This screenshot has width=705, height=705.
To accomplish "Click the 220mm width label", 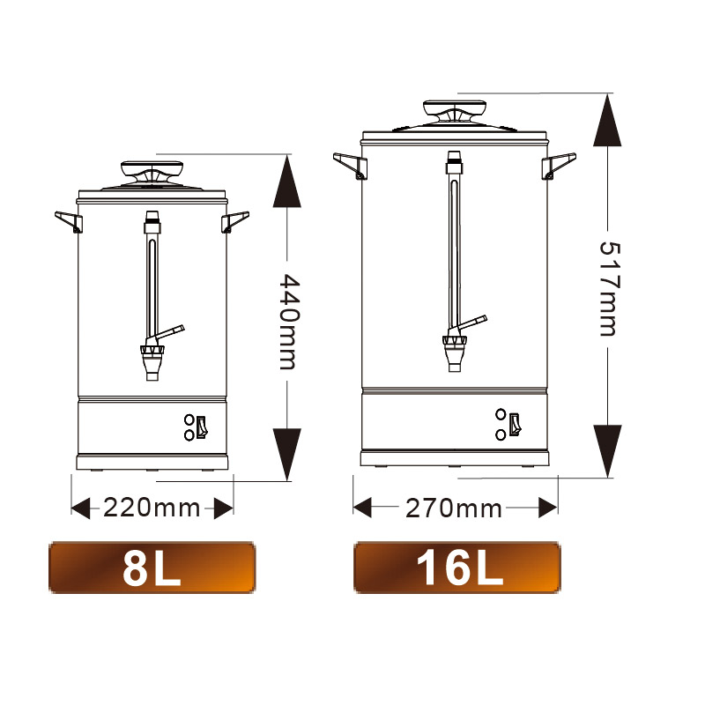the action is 152,508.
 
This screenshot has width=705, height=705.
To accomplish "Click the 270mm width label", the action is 454,508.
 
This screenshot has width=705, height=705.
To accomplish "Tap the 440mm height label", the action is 288,321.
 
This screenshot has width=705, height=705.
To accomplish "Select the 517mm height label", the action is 610,289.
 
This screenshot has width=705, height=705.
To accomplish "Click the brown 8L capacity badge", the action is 152,568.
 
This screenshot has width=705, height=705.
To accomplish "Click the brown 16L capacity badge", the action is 457,568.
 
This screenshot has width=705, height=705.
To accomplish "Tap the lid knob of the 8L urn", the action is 152,171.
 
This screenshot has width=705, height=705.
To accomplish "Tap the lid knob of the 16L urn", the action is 455,110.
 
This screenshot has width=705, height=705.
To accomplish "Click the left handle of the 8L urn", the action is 69,221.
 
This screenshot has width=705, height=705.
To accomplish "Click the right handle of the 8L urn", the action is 234,221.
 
